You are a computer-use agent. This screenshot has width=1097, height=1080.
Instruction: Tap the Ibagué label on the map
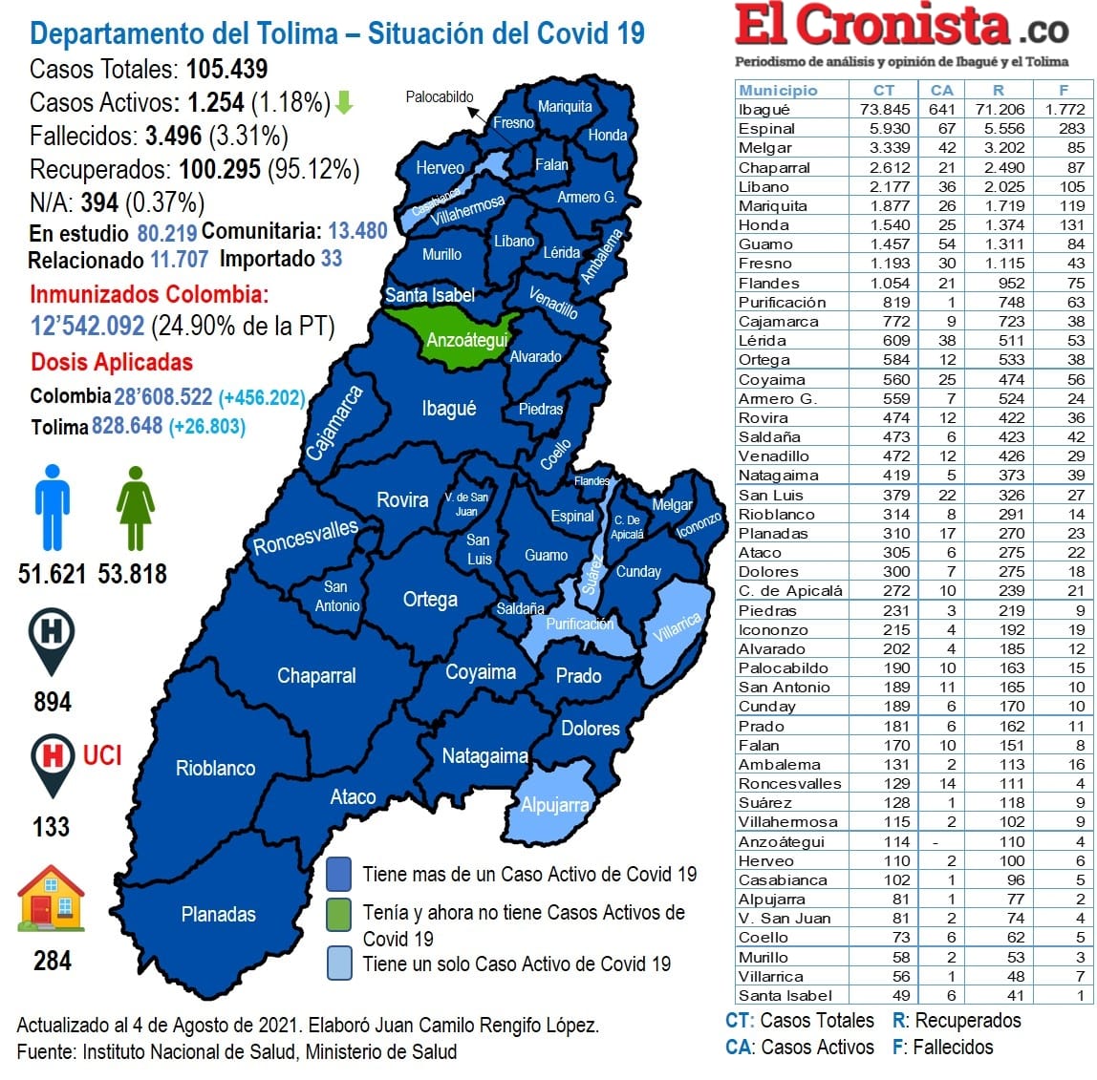[x=448, y=409]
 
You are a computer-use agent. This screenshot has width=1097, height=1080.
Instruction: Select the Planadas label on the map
[x=219, y=914]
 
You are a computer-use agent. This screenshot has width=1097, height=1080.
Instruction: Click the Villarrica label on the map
[x=678, y=627]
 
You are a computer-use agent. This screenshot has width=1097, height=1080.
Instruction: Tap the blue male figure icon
[x=53, y=507]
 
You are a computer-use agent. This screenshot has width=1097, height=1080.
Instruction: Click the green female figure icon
[x=135, y=508]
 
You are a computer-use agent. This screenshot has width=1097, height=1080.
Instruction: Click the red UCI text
[x=102, y=755]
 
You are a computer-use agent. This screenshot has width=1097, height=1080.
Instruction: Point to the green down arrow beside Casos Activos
[x=344, y=102]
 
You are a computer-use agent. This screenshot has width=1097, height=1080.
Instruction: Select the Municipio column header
[x=778, y=90]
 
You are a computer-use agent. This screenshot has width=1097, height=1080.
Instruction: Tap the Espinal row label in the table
[x=766, y=128]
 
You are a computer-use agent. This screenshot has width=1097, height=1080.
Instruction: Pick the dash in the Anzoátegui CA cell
[x=935, y=842]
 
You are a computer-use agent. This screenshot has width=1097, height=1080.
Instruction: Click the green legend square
[x=338, y=912]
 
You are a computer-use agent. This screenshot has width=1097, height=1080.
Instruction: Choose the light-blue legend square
[x=338, y=963]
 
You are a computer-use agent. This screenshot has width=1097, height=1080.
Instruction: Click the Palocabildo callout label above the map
[x=440, y=96]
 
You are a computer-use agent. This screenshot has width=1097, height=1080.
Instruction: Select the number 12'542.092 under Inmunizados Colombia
[x=88, y=326]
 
